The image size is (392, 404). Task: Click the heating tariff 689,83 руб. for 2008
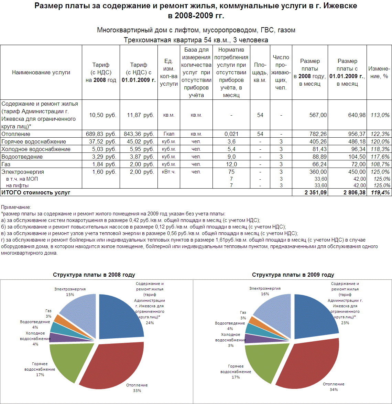coord(101,134)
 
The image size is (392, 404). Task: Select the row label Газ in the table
coord(6,164)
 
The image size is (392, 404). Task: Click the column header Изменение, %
coord(379,72)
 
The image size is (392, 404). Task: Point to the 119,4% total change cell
coord(380,193)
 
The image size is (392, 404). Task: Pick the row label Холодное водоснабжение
coord(36,149)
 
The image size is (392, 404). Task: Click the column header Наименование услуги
coord(41,72)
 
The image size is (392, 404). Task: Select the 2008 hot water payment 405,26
coord(318,141)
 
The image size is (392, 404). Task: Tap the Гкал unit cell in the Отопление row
coord(168,134)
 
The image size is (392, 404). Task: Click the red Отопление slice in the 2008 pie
coord(113,365)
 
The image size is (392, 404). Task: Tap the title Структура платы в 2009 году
coord(293,275)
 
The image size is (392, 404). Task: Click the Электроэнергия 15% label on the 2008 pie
coord(70,291)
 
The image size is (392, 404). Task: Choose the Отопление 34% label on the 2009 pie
coord(334,386)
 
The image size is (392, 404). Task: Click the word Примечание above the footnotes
coord(16,207)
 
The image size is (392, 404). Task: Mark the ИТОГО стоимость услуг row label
coord(36,193)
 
